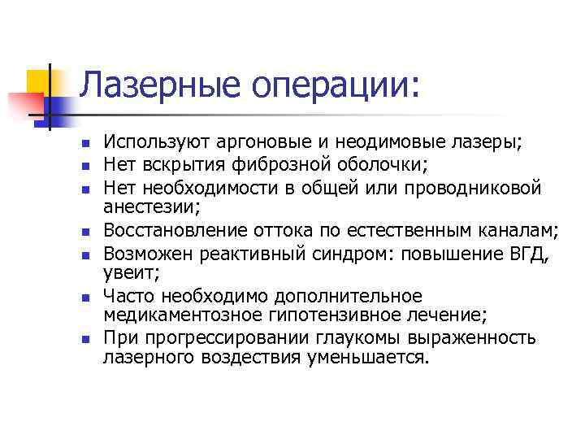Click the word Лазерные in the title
(154, 85)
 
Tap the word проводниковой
(467, 189)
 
